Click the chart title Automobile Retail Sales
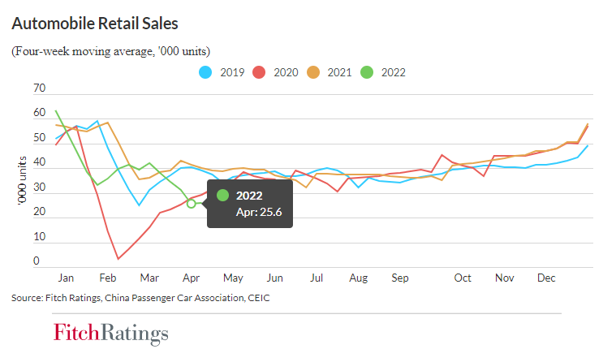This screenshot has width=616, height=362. tap(94, 23)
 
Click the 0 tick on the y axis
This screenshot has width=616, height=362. tap(37, 261)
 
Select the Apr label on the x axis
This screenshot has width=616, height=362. tap(191, 278)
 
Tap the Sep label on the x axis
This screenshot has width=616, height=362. tap(398, 278)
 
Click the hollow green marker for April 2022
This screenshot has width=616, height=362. tap(192, 204)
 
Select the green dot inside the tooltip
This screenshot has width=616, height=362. tap(223, 195)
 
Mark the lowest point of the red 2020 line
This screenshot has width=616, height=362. tap(118, 259)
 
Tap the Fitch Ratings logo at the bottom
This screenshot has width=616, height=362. tap(111, 334)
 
